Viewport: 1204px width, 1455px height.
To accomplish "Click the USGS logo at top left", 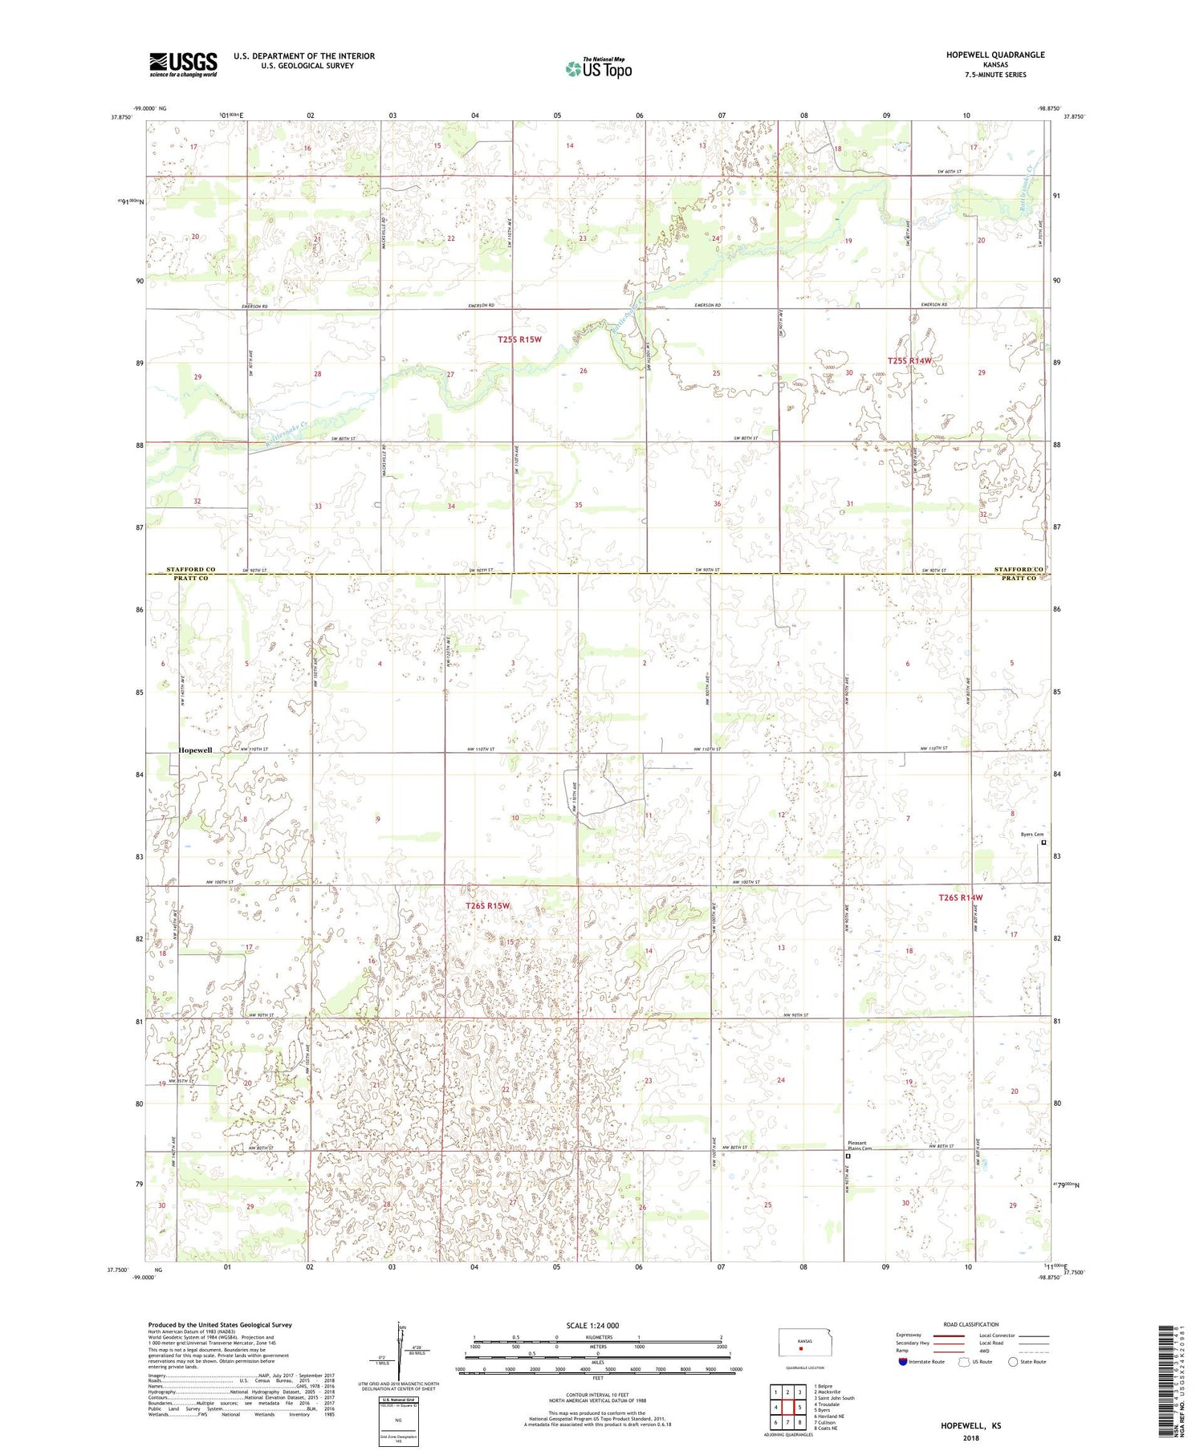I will (183, 64).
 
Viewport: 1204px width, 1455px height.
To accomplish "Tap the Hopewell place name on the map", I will (195, 750).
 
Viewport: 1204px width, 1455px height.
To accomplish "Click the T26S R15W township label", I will (488, 905).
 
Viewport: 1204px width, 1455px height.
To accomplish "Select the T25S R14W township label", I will (909, 361).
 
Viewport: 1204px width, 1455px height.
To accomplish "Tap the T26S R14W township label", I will (960, 897).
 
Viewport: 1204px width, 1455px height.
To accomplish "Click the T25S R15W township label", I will (519, 339).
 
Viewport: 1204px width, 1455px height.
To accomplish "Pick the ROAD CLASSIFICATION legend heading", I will (971, 1324).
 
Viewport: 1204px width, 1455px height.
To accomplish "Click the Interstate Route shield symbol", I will (903, 1361).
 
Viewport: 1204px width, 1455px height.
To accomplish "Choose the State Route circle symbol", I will (1013, 1361).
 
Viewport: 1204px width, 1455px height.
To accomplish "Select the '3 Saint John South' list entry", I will (834, 1397).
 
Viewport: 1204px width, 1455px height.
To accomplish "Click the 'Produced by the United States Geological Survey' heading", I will (219, 1325).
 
